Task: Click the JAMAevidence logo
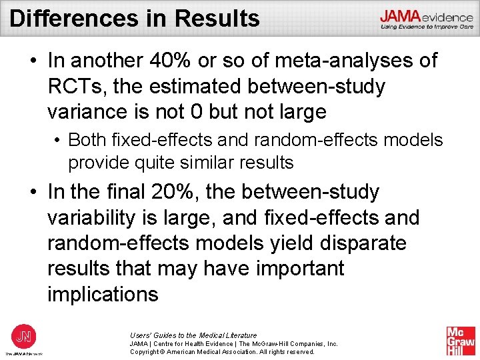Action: [427, 18]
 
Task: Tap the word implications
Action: [103, 294]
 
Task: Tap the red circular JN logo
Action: [23, 335]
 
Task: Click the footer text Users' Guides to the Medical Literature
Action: [193, 335]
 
